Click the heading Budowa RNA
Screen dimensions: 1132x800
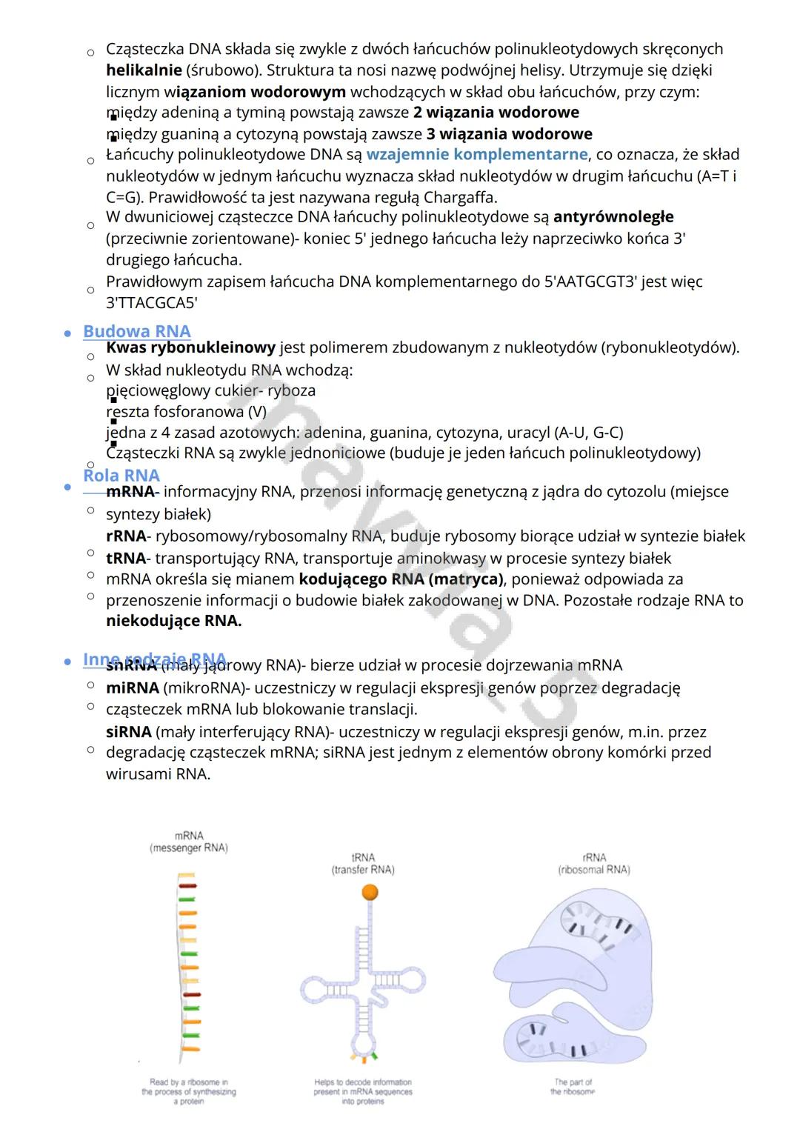(x=136, y=331)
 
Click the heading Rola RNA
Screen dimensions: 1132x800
(x=121, y=475)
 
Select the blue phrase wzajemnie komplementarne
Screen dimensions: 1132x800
(x=476, y=154)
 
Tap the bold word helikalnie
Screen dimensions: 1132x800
(x=144, y=70)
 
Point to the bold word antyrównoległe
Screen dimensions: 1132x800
(x=613, y=217)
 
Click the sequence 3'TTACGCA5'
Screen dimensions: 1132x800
(x=151, y=303)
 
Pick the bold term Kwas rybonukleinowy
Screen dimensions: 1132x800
(x=190, y=347)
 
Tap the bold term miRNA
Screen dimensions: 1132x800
(x=133, y=687)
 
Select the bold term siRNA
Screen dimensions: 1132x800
(x=128, y=732)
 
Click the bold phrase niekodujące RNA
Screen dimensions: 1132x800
(x=173, y=621)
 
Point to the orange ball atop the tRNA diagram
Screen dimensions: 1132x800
(x=370, y=893)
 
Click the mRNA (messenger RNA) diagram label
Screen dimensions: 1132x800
(x=189, y=842)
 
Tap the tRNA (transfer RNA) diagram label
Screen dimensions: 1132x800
(x=363, y=864)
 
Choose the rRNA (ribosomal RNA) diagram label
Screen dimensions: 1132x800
(x=594, y=864)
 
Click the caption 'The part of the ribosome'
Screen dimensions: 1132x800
(x=573, y=1087)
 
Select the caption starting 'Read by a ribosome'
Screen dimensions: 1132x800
(x=189, y=1091)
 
